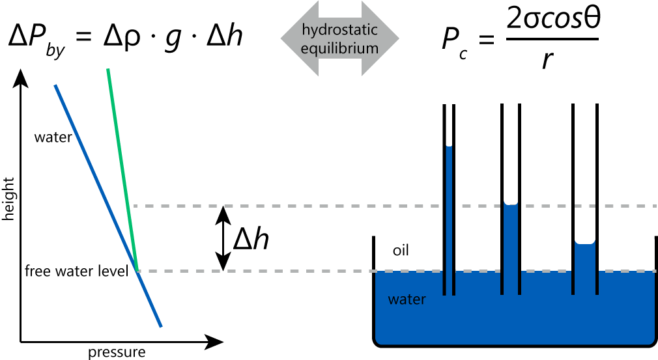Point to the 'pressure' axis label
point(117,353)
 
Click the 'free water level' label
point(76,271)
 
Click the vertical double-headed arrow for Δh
point(223,238)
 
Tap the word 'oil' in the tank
point(401,251)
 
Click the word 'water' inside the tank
point(407,300)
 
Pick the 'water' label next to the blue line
point(53,137)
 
